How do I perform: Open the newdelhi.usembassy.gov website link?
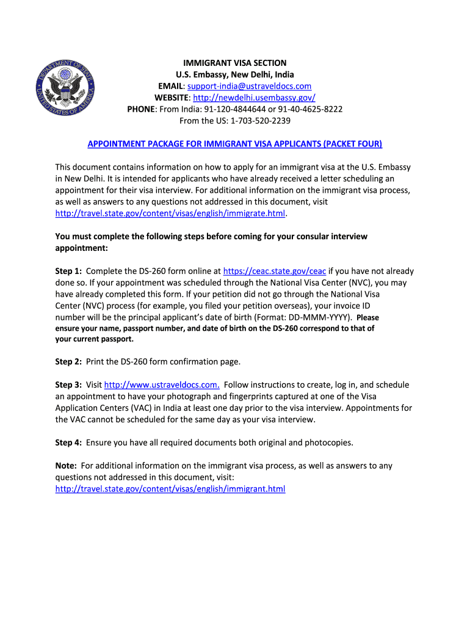click(254, 98)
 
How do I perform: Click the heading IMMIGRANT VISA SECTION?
click(235, 63)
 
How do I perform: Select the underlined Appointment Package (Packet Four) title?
click(235, 144)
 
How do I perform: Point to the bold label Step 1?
click(68, 271)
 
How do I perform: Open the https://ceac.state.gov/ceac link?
click(275, 271)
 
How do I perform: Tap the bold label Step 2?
click(68, 361)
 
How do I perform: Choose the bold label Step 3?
click(68, 385)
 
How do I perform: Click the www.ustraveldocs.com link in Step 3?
click(162, 385)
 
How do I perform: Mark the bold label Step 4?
click(68, 443)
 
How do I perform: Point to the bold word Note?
click(66, 466)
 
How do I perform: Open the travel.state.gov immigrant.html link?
click(170, 489)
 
